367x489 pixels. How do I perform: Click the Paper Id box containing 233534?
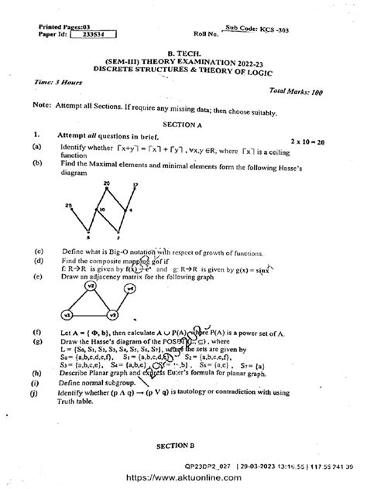click(x=94, y=34)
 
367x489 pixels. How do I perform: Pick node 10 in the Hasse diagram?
click(x=101, y=210)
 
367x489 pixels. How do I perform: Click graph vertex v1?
click(x=67, y=316)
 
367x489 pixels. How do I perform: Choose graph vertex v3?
click(x=112, y=316)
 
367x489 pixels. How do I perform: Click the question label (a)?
click(x=37, y=145)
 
